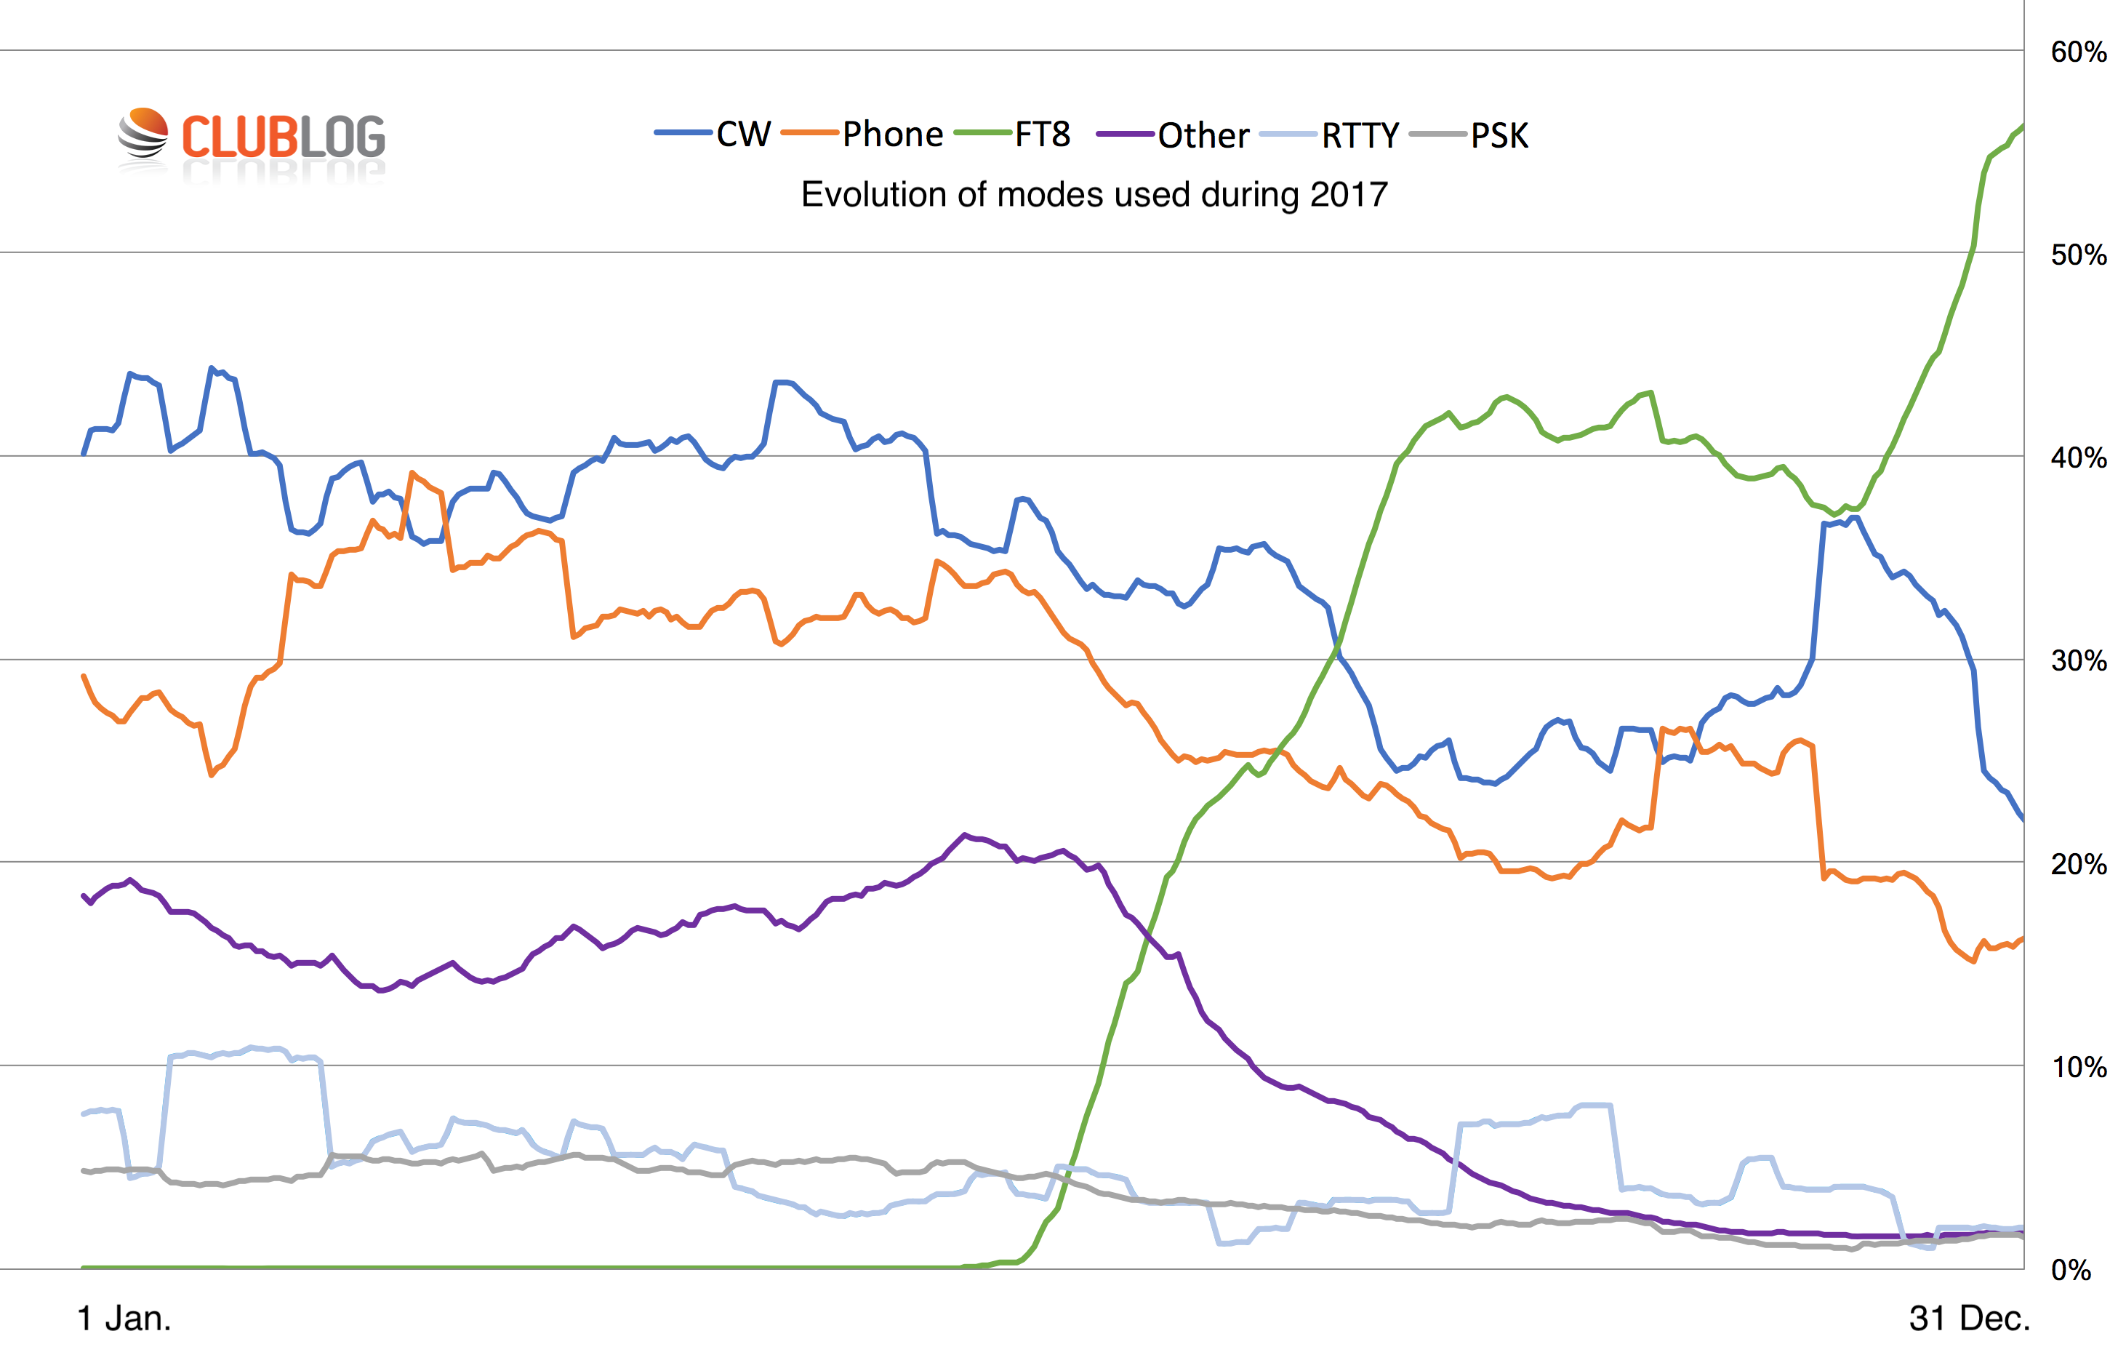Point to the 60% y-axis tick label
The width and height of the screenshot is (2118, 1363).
[2078, 52]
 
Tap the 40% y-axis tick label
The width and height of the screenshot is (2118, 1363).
[2078, 457]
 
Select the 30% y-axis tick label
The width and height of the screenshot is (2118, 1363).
[2078, 660]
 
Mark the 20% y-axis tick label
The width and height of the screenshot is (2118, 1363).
[2078, 864]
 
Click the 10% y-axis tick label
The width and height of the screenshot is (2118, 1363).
[2078, 1068]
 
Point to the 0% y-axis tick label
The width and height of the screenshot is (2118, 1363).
[2070, 1270]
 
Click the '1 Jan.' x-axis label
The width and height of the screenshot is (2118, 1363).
[124, 1319]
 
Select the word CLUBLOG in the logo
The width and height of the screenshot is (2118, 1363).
[283, 137]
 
